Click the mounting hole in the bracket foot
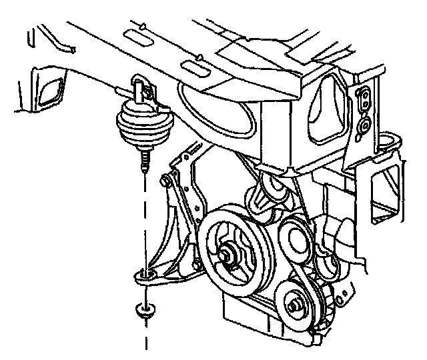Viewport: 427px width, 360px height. [x=147, y=273]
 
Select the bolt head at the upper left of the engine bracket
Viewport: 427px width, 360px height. [x=165, y=180]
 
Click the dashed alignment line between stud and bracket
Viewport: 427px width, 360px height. [x=143, y=220]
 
